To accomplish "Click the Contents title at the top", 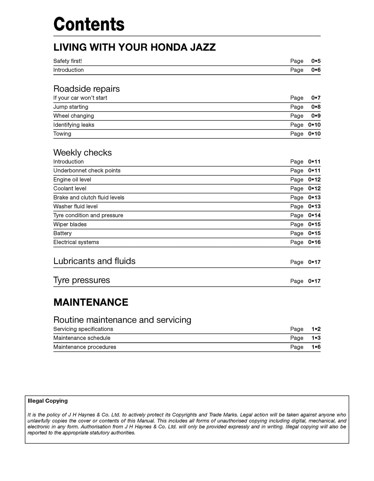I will coord(89,24).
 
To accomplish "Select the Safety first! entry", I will coord(67,61).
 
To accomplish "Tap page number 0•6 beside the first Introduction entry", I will coord(316,70).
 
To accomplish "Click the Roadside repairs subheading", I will coord(87,89).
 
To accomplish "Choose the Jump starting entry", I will coord(71,107).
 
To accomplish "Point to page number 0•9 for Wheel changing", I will coord(316,116).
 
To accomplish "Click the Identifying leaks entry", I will coord(74,125).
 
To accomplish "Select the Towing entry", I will coord(62,134).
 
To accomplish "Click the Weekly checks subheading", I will coord(82,153).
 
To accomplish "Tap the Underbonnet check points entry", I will coord(87,171).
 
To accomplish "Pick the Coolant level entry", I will coord(70,189).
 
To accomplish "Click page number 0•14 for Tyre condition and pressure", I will coord(314,215).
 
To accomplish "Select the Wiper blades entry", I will coord(70,224).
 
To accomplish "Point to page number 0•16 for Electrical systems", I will coord(314,242).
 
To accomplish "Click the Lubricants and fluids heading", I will coord(94,261).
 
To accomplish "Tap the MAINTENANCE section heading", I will coord(91,302).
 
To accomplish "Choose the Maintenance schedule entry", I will coord(82,338).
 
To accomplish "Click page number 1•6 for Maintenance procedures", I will coord(316,347).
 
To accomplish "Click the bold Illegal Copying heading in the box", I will coord(48,401).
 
